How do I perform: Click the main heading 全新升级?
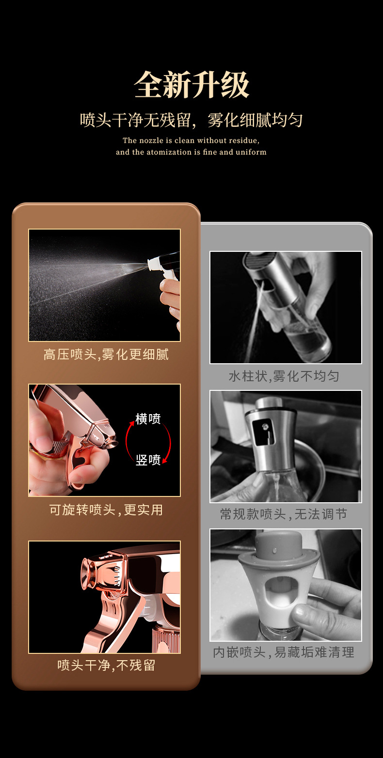click(x=191, y=85)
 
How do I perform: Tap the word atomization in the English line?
click(x=169, y=152)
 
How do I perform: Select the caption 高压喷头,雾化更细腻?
click(x=106, y=355)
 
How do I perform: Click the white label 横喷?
click(x=148, y=419)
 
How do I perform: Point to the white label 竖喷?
click(x=148, y=460)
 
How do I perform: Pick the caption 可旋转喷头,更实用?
click(x=106, y=510)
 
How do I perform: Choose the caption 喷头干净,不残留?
click(x=106, y=665)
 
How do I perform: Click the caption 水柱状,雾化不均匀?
click(x=284, y=376)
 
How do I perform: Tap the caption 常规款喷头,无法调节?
click(x=284, y=514)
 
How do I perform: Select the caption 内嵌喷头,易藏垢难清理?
click(x=284, y=652)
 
